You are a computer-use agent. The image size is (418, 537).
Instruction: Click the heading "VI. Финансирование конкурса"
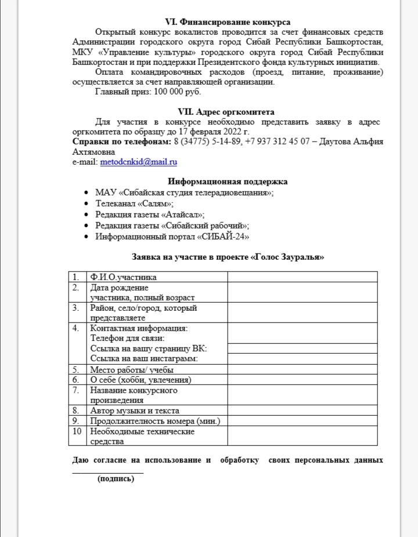click(x=228, y=22)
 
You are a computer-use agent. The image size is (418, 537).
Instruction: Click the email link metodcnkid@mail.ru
click(x=139, y=162)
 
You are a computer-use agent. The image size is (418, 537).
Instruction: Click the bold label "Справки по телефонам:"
click(x=122, y=141)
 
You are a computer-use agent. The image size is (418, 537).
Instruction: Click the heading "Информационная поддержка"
click(x=228, y=182)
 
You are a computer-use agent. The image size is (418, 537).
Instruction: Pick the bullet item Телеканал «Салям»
click(x=135, y=204)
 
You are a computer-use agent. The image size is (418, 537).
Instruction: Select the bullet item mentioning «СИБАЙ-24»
click(x=173, y=237)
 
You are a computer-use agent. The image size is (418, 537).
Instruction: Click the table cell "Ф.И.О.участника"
click(x=124, y=277)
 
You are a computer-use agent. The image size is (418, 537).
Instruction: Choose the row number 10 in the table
click(x=77, y=431)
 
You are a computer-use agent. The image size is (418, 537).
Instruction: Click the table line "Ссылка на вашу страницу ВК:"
click(x=149, y=348)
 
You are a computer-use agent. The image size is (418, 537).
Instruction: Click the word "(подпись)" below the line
click(x=120, y=479)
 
